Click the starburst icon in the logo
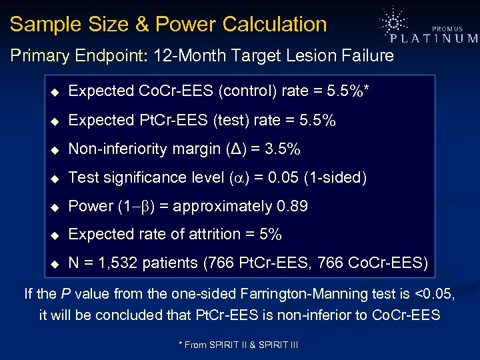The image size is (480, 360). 394,22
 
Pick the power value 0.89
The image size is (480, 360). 291,206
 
